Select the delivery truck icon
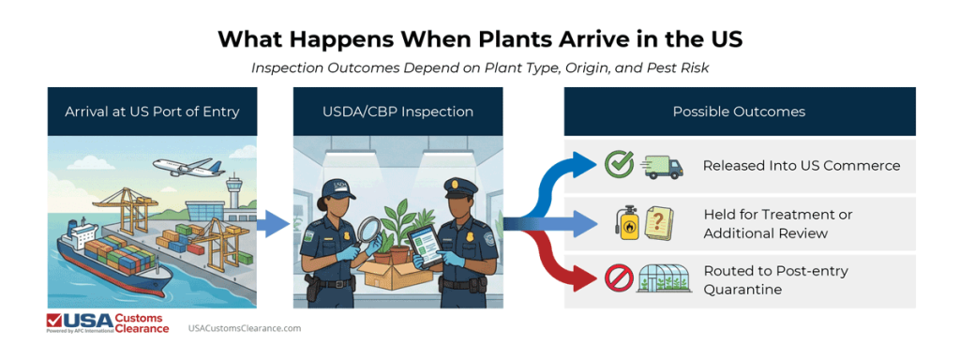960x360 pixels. click(x=661, y=167)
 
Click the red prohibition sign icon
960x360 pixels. click(x=618, y=279)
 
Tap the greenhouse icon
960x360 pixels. click(x=662, y=279)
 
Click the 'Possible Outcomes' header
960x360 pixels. click(x=739, y=112)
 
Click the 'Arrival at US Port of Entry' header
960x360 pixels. click(x=152, y=112)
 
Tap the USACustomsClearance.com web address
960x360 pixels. click(x=245, y=329)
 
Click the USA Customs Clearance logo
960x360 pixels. click(x=108, y=324)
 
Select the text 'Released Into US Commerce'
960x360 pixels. click(x=801, y=166)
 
